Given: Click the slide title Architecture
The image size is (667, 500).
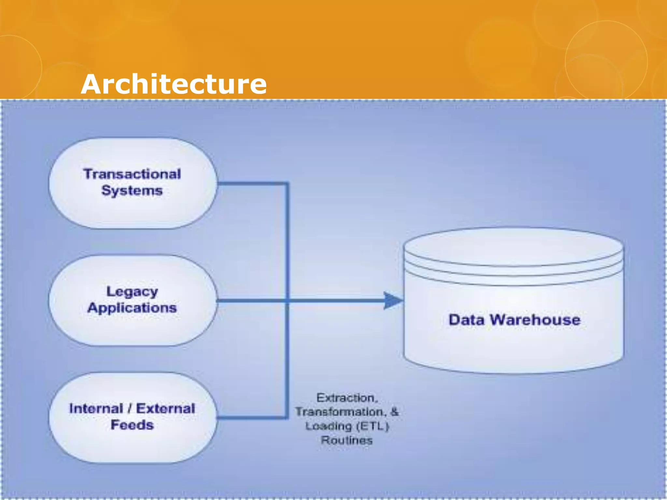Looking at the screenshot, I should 174,84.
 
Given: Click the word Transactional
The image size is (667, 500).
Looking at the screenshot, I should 132,174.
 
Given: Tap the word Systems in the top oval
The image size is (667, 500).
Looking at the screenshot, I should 132,191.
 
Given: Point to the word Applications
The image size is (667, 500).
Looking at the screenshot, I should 132,308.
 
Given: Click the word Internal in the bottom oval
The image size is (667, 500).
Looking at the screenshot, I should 96,409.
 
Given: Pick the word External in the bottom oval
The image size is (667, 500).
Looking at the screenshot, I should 165,409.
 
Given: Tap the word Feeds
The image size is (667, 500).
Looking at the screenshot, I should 132,425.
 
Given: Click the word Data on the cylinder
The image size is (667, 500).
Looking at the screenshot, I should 466,320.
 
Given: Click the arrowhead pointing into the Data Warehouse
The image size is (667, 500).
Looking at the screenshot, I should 393,300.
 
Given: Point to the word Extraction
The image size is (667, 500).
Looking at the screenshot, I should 347,398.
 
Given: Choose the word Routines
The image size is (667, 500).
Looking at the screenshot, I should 347,440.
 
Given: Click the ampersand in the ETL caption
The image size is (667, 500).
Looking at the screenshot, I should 394,412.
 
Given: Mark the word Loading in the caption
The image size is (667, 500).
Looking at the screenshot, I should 329,426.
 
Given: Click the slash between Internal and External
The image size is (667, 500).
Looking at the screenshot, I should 130,409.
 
